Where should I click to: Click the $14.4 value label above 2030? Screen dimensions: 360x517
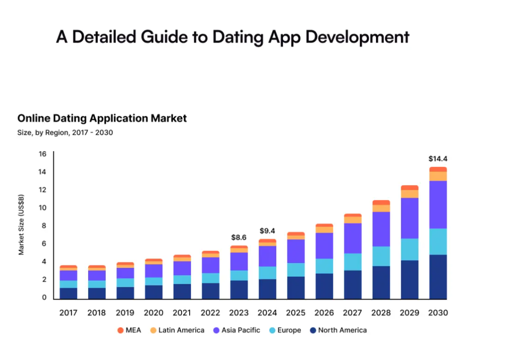438,158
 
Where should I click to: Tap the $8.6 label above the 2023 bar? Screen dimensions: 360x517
239,237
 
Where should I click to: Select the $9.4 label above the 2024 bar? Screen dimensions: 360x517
268,230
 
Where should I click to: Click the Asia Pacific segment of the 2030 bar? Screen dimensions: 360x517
438,204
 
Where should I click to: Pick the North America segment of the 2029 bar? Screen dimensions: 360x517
409,279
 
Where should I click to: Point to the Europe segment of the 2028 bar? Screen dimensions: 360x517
381,256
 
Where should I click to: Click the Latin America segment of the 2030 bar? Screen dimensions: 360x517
438,176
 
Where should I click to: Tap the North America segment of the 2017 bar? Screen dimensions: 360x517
68,293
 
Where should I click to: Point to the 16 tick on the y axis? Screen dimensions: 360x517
42,154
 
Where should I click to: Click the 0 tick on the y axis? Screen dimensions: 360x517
44,297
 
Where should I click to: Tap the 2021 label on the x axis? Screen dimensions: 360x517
182,313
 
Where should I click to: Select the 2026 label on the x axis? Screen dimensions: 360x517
324,313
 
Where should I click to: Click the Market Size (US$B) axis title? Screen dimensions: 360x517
21,225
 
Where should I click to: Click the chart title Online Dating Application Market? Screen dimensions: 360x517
102,118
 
